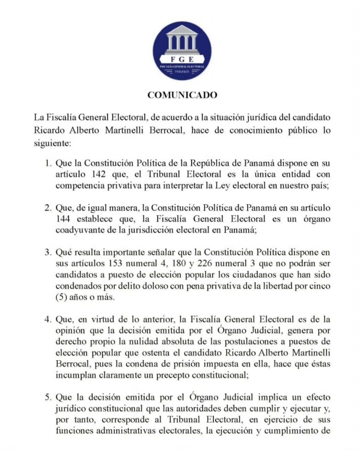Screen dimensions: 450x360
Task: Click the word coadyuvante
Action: (78, 229)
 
